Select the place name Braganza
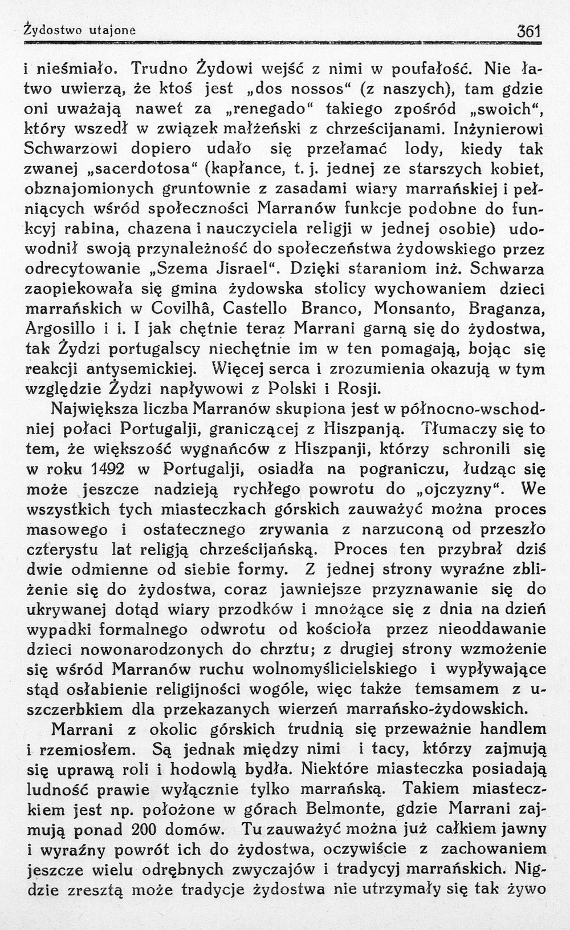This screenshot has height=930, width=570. pos(506,310)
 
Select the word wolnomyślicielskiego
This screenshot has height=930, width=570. pos(321,669)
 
